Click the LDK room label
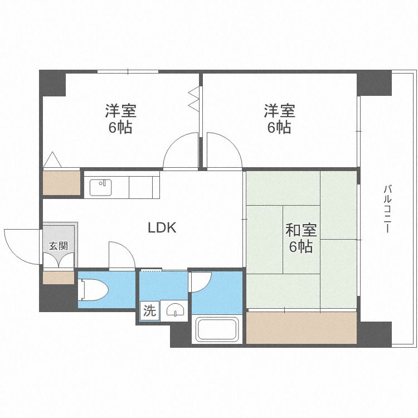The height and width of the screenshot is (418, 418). (162, 227)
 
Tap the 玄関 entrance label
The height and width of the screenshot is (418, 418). (59, 246)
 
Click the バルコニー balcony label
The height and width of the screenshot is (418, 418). (387, 209)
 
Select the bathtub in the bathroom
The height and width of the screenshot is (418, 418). (217, 330)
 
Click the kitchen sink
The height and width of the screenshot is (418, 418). (101, 187)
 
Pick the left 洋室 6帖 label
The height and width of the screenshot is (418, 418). (120, 119)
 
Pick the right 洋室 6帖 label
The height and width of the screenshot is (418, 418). (279, 119)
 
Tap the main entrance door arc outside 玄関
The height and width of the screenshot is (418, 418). (21, 245)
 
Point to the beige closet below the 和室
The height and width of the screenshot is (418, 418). (301, 327)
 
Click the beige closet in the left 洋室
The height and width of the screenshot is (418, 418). (61, 183)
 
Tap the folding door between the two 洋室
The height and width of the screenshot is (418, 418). (193, 98)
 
